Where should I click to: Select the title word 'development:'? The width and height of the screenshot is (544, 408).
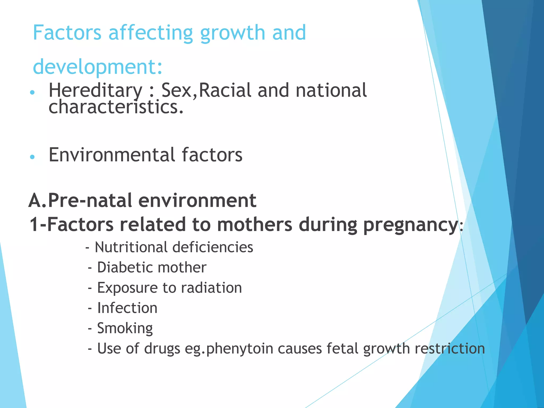(x=97, y=67)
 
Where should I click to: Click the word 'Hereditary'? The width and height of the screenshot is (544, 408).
(x=96, y=91)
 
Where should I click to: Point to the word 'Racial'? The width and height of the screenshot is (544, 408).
(x=225, y=90)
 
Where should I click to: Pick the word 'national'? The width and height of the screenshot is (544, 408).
(x=331, y=90)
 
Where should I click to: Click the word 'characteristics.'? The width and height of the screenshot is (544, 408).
(x=116, y=107)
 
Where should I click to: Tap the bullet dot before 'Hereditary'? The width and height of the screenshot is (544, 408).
(x=32, y=92)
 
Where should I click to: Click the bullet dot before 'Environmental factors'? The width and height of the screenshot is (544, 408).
(x=32, y=157)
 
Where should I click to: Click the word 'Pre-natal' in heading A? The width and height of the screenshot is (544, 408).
(x=90, y=200)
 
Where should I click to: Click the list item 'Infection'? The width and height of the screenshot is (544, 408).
(x=127, y=308)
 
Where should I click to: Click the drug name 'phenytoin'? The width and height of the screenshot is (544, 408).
(x=240, y=349)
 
